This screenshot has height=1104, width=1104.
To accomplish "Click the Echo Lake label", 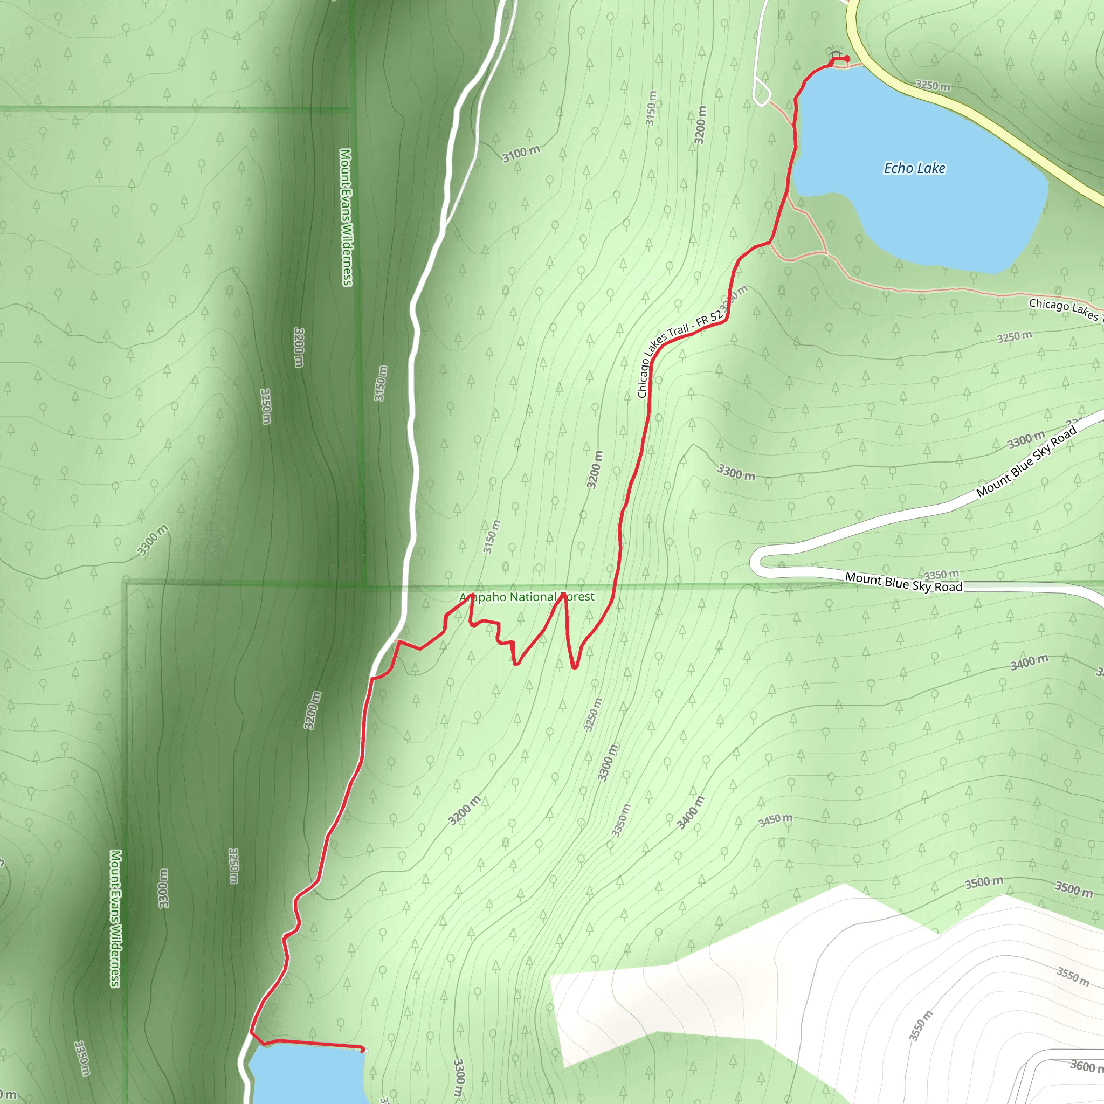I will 914,168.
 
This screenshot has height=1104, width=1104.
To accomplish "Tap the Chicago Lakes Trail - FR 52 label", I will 680,354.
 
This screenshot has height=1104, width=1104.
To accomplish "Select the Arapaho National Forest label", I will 527,597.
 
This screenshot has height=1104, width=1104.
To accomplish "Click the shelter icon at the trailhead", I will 836,53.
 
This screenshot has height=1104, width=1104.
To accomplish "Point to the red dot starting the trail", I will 847,59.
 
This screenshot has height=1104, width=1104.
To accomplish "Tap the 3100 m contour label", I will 521,153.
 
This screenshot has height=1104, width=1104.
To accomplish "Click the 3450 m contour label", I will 775,820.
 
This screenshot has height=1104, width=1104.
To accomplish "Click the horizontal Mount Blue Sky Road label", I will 903,582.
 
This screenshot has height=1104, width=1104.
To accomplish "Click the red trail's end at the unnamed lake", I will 363,1049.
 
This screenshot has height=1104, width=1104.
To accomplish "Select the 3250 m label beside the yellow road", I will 933,86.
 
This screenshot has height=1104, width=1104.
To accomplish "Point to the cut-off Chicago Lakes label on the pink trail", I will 1065,308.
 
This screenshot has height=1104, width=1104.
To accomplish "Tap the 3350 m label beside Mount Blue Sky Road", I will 941,574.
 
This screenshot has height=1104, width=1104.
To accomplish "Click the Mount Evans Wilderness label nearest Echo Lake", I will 346,217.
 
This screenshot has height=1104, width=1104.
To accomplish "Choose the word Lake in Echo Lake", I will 931,168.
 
